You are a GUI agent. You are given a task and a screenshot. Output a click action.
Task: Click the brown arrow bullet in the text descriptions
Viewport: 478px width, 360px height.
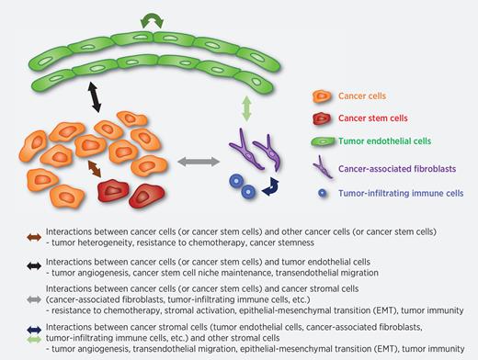[x=34, y=238]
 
